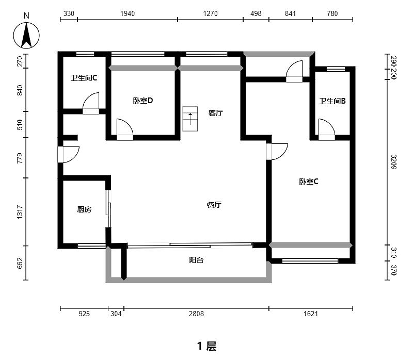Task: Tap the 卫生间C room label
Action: [84, 78]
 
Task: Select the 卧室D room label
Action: [142, 101]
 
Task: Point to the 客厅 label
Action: [215, 113]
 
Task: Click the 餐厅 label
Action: [214, 205]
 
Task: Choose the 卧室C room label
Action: [309, 182]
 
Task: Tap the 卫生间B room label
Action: [332, 102]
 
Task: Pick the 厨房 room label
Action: [84, 209]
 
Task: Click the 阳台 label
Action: [196, 260]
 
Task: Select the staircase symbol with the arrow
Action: [190, 119]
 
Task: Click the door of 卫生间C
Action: [91, 103]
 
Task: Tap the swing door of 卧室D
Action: [124, 129]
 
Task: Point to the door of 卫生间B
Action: [326, 129]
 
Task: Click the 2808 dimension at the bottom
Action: [196, 313]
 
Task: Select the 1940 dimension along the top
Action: [127, 14]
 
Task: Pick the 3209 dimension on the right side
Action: [393, 162]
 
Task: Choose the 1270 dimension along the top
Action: [210, 14]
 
